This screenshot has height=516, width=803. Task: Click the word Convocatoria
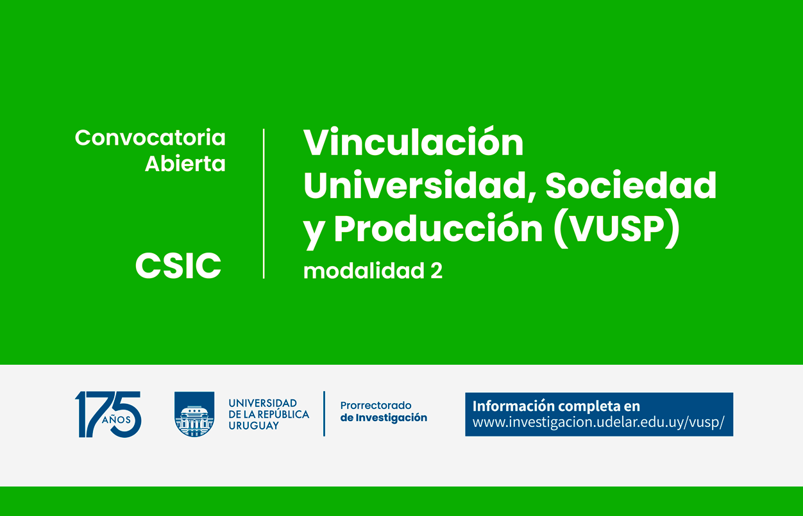pos(150,138)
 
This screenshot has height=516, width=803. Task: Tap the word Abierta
pos(185,163)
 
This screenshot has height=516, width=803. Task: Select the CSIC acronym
pos(178,265)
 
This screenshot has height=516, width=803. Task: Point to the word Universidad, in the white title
pos(420,185)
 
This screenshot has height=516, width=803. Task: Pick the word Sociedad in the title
pos(631,185)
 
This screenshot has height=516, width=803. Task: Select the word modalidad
pos(364,270)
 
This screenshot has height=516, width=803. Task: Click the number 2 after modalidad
pos(436,271)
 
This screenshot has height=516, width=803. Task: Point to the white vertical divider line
pos(264,204)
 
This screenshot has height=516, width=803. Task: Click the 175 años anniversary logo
pos(108,414)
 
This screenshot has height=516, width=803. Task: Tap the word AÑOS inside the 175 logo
pos(116,420)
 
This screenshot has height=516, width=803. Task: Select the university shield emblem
pos(194,414)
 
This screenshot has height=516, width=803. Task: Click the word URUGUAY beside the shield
pos(254,426)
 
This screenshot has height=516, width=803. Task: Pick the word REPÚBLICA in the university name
pos(283,414)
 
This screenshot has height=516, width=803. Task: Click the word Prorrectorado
pos(376,405)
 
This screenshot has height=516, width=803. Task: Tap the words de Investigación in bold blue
pos(384,418)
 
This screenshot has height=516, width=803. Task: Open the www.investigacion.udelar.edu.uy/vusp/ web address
pos(598,422)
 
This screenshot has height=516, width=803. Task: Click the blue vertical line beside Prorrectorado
pos(324,414)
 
